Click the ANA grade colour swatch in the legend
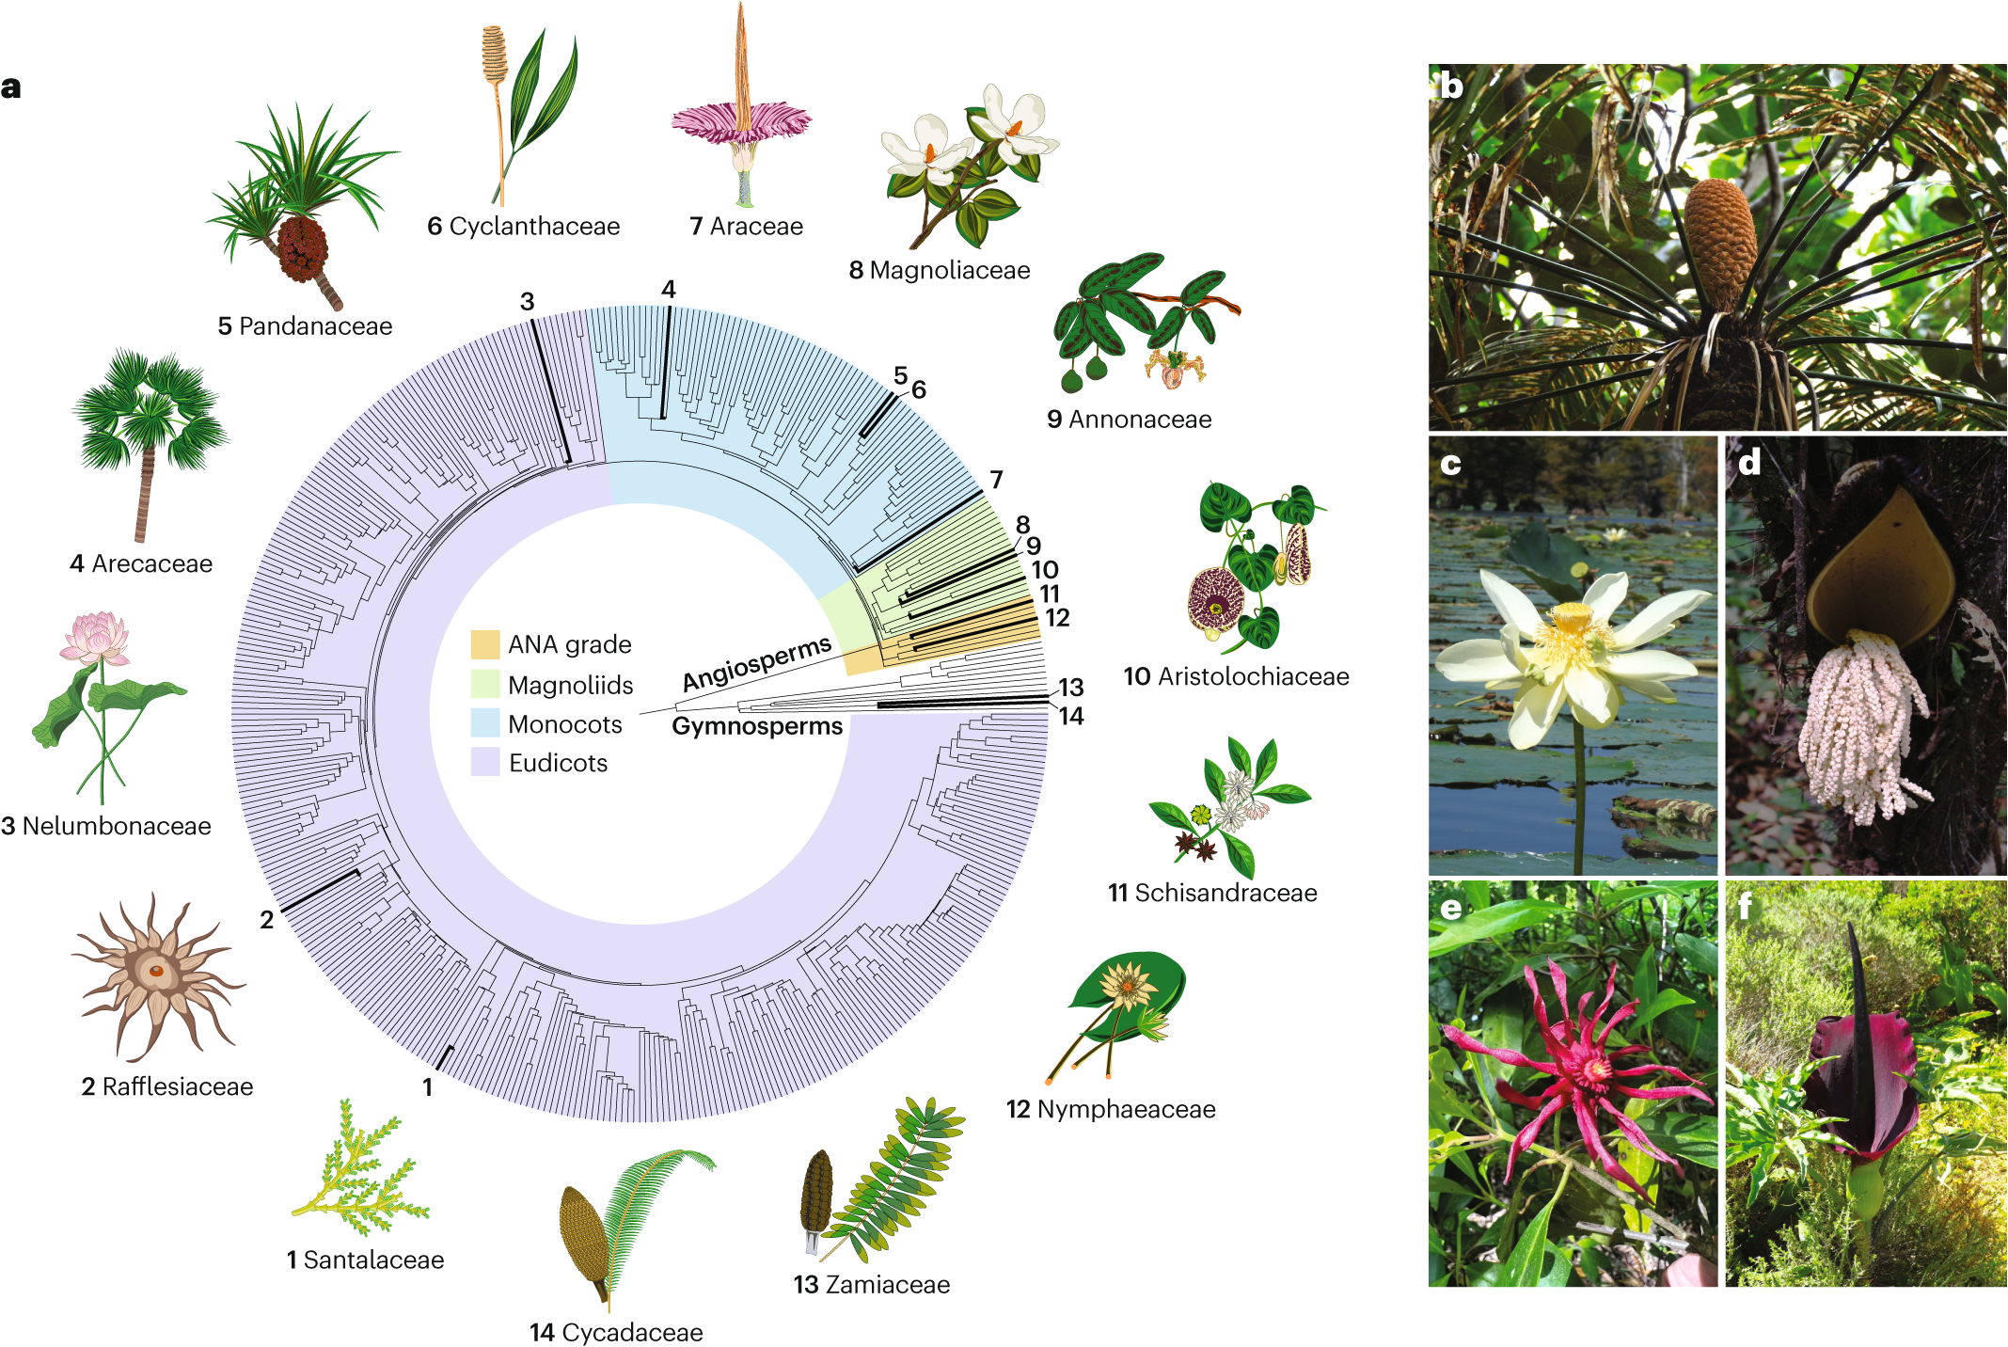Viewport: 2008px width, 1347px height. point(484,644)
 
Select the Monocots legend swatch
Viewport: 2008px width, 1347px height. point(484,723)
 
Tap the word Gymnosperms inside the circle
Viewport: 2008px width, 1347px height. point(757,726)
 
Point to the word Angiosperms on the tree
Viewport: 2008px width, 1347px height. point(757,662)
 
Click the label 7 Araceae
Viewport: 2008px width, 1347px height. point(746,226)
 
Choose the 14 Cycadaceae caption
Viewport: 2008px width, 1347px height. point(616,1332)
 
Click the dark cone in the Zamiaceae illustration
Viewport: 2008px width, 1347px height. point(816,1190)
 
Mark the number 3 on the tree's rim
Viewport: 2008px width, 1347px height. point(527,301)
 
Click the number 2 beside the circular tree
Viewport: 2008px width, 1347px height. point(267,919)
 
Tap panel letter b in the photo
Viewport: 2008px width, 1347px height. point(1451,86)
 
